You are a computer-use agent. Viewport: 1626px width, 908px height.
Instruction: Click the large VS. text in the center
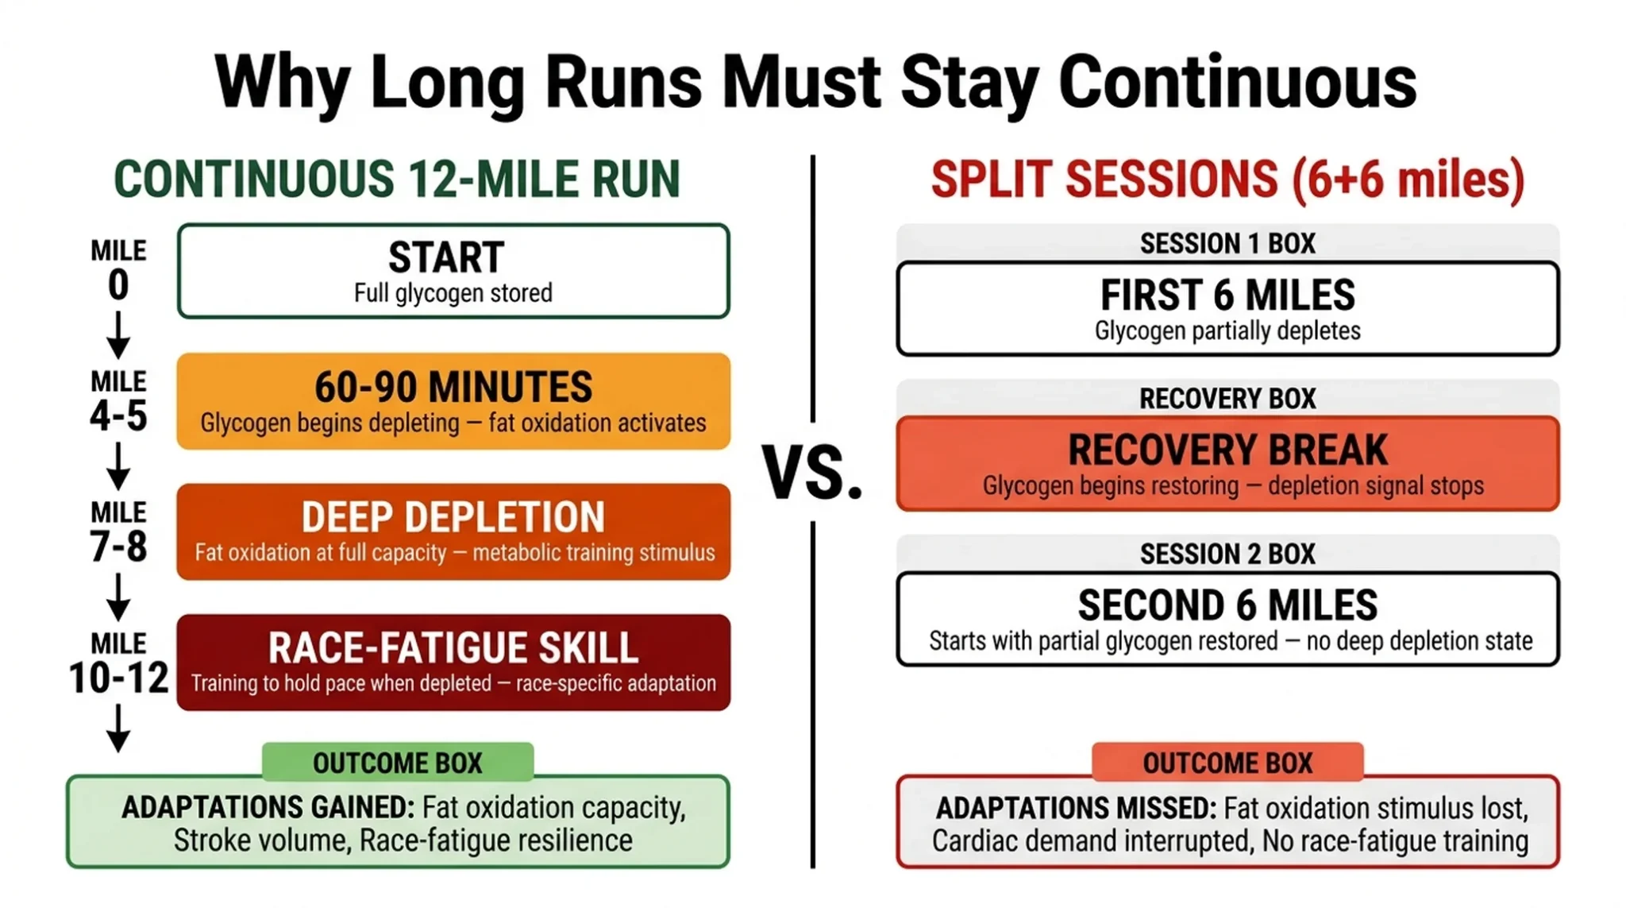812,473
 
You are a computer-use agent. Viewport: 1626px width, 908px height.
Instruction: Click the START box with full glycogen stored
453,272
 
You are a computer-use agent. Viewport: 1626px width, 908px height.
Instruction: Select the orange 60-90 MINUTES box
453,401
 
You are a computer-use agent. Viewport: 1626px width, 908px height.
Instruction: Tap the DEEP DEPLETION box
453,531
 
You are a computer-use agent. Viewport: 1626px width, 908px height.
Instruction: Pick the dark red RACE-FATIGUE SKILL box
453,662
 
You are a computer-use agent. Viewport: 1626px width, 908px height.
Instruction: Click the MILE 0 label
118,270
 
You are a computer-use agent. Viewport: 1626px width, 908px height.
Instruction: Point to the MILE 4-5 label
118,401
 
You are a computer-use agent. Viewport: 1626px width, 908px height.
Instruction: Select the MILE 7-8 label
118,532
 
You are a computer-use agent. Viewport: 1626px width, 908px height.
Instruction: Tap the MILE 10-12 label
118,663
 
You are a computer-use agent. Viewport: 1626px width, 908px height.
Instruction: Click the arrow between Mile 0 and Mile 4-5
118,335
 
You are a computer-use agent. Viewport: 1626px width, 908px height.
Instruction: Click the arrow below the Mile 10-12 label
118,728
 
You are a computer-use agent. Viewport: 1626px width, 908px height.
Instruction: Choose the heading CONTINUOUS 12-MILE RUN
397,179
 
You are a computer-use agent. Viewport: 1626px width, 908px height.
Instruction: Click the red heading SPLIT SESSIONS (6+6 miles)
1227,179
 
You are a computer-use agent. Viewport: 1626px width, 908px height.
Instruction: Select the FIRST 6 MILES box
1227,308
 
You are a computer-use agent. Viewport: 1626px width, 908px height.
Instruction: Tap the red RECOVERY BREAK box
1227,463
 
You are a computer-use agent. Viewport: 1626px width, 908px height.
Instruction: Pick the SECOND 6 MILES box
1227,619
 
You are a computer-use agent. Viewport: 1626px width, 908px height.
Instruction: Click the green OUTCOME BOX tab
398,763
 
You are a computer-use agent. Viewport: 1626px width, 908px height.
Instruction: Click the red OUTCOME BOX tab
1227,763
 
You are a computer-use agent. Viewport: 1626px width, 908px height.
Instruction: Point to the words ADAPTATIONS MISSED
1076,809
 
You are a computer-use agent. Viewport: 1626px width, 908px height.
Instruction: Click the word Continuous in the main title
1237,83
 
